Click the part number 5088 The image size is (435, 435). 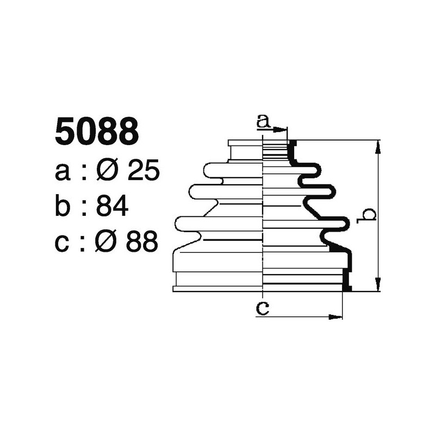96,133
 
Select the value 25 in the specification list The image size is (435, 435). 143,171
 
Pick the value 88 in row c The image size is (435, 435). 142,242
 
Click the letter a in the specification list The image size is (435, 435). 63,173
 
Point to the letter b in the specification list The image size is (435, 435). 63,207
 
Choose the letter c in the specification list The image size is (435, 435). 63,243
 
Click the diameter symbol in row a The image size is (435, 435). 108,171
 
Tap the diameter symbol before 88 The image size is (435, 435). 108,242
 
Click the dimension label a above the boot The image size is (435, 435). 263,121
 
